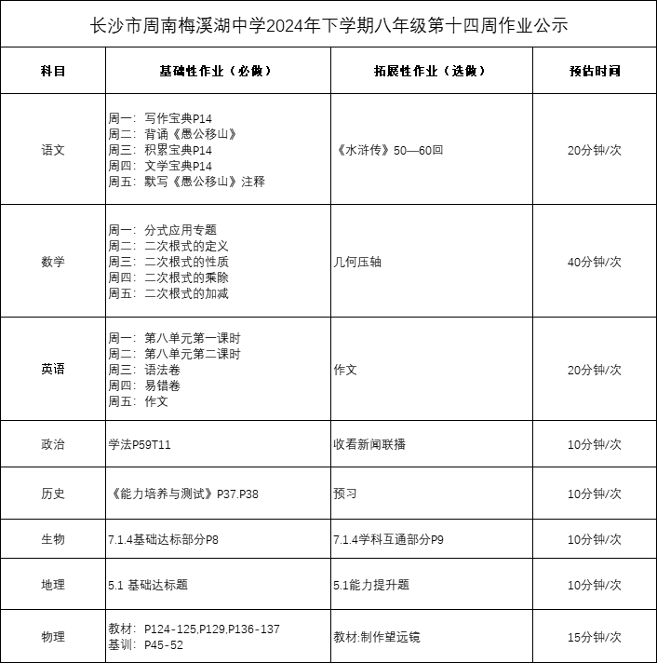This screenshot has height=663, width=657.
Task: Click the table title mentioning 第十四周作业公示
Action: (328, 25)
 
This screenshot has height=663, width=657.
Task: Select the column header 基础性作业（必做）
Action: (218, 71)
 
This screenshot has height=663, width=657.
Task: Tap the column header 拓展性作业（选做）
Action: (431, 71)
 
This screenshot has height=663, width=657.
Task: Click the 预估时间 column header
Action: (594, 71)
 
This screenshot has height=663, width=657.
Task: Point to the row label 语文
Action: (53, 150)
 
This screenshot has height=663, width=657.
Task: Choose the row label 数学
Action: (53, 262)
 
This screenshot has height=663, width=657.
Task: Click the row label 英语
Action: (53, 370)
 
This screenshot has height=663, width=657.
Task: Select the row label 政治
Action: (53, 444)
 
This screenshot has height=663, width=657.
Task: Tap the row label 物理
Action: (53, 637)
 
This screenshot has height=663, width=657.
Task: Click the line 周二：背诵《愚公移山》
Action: (172, 134)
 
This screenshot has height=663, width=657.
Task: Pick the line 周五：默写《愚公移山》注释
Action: (186, 182)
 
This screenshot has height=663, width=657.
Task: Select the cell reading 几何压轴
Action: (357, 262)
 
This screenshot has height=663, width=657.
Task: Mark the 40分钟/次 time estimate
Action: (594, 262)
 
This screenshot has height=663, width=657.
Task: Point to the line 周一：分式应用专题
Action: (163, 230)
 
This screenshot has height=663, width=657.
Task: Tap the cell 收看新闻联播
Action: (369, 444)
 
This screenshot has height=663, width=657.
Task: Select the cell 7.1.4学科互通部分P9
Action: (388, 539)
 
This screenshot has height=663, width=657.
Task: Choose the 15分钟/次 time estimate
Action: (594, 637)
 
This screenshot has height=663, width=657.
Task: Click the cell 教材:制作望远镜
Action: (376, 637)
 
